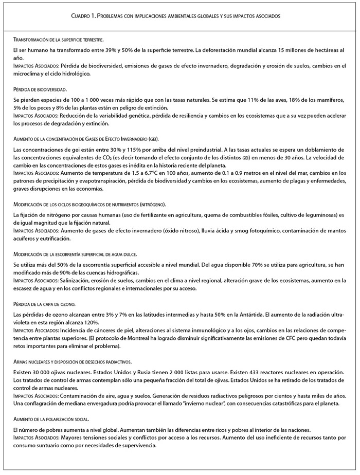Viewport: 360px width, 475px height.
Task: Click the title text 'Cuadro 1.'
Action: click(x=85, y=16)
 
